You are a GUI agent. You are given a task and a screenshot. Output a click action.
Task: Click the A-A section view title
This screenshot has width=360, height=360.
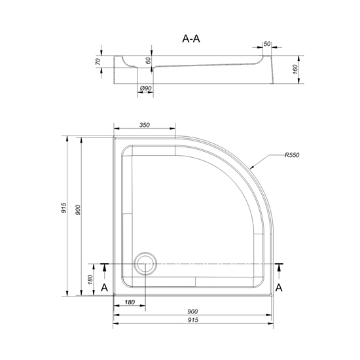(191, 39)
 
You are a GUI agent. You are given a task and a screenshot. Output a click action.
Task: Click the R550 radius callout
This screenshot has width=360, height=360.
(292, 155)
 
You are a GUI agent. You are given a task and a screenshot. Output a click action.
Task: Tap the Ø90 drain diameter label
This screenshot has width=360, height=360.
(145, 88)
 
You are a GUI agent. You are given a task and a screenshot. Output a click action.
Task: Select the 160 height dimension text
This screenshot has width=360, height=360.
(295, 69)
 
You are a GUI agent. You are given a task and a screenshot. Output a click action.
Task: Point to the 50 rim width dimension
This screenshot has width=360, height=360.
(267, 44)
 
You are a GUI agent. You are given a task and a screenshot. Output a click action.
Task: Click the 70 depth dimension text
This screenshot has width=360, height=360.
(98, 62)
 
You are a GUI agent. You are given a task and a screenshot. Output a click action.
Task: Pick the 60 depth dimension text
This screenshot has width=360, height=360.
(149, 61)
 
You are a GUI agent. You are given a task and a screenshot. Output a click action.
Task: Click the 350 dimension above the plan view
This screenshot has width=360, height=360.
(145, 125)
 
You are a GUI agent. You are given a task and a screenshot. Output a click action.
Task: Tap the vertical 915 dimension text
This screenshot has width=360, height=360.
(63, 207)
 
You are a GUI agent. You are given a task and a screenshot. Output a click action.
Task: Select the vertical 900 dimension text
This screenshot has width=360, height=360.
(78, 210)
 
